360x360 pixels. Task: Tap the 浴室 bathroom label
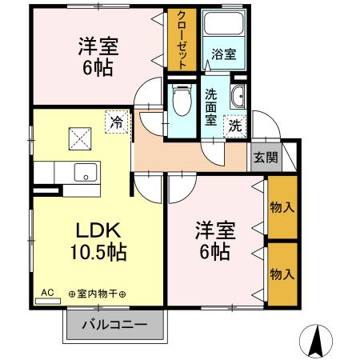tap(223, 54)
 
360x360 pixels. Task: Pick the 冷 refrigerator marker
tap(117, 122)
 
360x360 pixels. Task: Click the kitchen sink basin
tap(82, 171)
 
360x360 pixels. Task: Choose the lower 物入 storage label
tap(281, 274)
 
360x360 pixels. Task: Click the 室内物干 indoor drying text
tap(102, 294)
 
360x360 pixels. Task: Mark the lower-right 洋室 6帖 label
tap(214, 241)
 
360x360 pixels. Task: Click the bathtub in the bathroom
tap(224, 25)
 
